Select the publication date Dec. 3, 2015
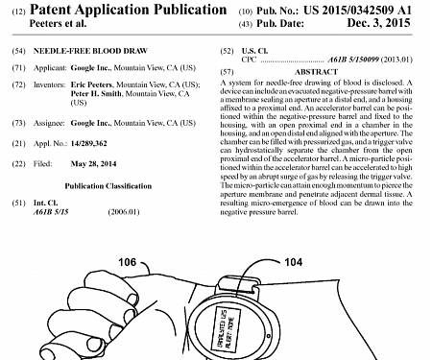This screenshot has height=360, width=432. pyautogui.click(x=378, y=23)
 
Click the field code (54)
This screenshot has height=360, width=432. pyautogui.click(x=18, y=48)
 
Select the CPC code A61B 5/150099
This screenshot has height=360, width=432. pyautogui.click(x=348, y=60)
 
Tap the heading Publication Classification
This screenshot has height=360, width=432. pyautogui.click(x=111, y=185)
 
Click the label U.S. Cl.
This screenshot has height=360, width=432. pyautogui.click(x=258, y=48)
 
